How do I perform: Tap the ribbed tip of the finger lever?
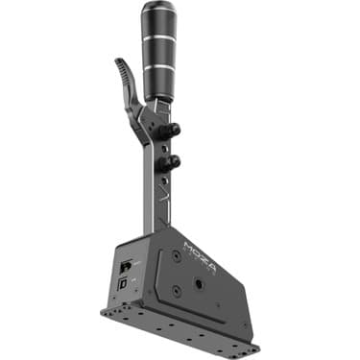pos(120,69)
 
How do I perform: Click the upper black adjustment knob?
pos(175,129)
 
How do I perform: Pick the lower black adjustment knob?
pos(174,161)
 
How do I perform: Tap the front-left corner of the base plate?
pos(105,312)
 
